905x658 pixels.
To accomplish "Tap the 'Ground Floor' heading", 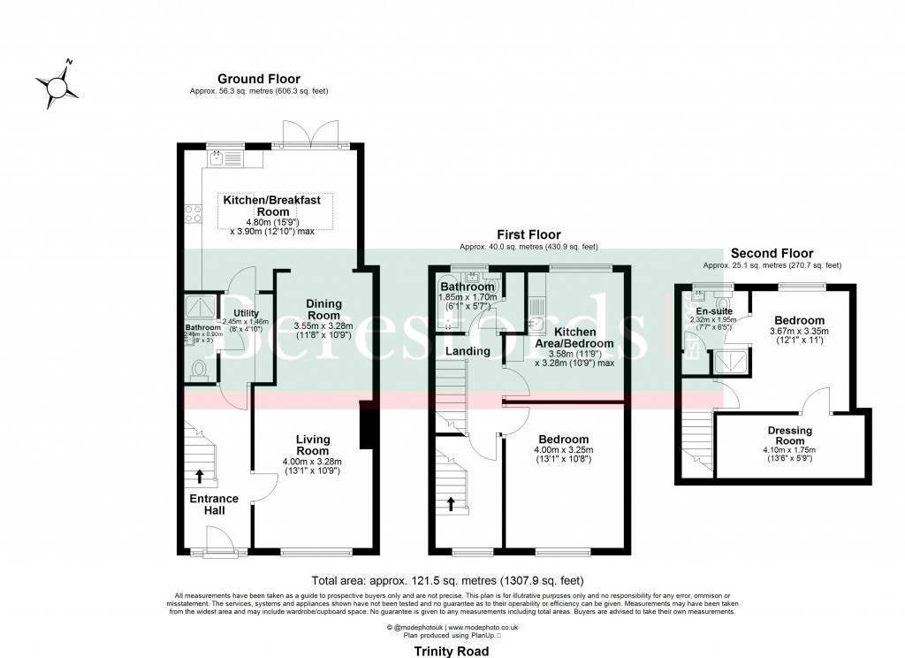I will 258,79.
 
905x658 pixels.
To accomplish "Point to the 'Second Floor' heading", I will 772,253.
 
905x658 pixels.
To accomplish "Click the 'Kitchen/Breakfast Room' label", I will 278,206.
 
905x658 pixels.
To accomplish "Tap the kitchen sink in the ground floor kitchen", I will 217,159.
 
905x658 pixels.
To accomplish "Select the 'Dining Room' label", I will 323,310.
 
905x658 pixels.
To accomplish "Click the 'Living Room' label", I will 312,445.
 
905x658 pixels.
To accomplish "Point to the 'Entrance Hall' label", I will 214,504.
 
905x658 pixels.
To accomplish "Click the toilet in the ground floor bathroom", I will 200,368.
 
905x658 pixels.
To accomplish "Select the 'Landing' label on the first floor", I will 468,351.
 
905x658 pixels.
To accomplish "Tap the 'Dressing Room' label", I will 790,436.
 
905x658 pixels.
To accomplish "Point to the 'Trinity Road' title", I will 451,650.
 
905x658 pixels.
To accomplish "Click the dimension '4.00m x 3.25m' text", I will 563,450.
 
